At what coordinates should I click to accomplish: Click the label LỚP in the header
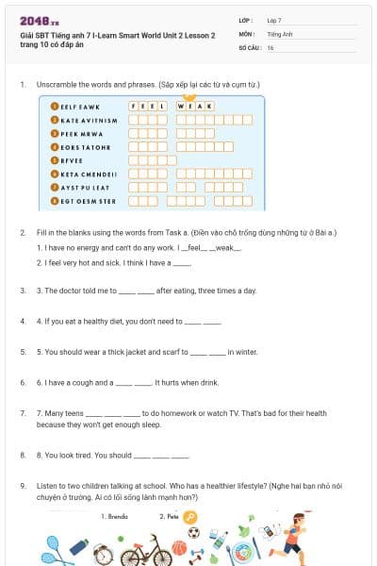click(x=245, y=19)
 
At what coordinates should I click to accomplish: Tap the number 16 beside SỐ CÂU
click(x=270, y=46)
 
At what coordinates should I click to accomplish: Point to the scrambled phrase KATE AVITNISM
click(x=89, y=120)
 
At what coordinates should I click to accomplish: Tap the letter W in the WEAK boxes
click(x=182, y=107)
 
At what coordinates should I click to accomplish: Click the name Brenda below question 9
click(x=118, y=516)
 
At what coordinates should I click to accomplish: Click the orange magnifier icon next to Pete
click(x=190, y=516)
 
